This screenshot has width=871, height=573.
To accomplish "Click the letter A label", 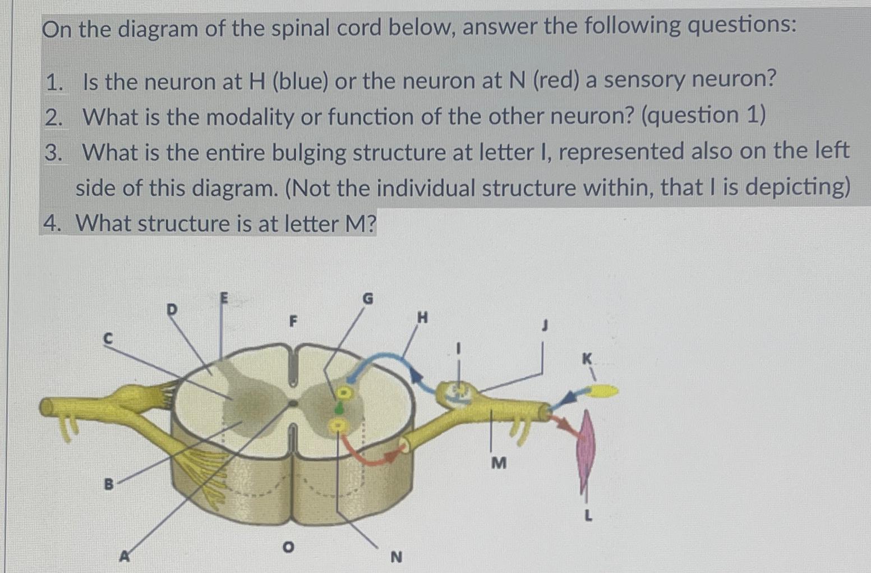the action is coord(125,556).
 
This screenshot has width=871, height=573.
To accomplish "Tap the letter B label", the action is coord(109,483).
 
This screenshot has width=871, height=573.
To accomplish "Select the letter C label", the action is coord(108,338).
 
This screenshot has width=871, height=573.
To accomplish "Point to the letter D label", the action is coord(172,309).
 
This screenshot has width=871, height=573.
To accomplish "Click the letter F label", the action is coord(292,322).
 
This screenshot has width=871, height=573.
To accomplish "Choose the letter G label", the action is coord(367,299).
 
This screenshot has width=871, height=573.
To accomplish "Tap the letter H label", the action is coord(422,318).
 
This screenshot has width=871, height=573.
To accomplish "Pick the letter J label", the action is coord(543,325).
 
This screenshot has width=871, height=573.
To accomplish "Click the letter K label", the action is coord(587,358).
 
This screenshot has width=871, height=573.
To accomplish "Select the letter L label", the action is coord(588,515).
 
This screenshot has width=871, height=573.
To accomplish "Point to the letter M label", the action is coord(498,463).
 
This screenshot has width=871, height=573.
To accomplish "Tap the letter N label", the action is coord(396,557).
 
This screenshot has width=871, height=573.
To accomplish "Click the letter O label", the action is coord(288,546).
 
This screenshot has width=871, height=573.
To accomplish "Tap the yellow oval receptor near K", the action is coord(602,391).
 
